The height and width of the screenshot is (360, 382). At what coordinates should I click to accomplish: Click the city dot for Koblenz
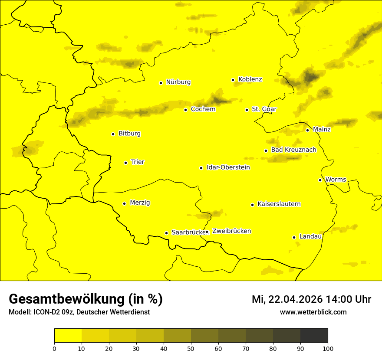click(x=233, y=80)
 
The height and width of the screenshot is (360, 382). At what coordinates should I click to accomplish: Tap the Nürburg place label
click(x=178, y=82)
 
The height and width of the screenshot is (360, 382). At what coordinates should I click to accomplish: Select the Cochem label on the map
click(x=203, y=109)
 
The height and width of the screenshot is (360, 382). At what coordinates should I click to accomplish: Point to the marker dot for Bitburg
click(x=113, y=134)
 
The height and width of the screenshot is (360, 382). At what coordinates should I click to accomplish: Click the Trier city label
click(x=138, y=162)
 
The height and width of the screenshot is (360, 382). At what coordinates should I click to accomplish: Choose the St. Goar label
click(x=264, y=109)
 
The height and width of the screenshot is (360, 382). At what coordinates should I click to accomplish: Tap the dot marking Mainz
click(x=307, y=130)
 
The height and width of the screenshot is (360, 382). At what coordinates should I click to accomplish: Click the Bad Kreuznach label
click(x=293, y=150)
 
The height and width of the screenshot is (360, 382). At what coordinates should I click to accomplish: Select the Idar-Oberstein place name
click(x=228, y=167)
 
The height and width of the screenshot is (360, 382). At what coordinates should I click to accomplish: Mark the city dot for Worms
click(x=320, y=180)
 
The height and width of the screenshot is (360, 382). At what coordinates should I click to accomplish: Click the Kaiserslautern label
click(x=279, y=204)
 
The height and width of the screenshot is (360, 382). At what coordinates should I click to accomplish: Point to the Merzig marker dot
click(x=124, y=203)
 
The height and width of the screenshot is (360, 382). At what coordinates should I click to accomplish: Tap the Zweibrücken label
click(x=231, y=231)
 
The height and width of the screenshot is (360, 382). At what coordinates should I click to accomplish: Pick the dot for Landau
click(x=294, y=237)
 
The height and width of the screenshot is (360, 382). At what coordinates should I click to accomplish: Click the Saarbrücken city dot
click(x=166, y=233)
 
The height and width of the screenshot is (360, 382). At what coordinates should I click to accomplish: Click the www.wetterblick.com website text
click(x=313, y=312)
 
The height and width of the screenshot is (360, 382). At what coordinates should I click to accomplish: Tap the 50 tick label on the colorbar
click(x=191, y=348)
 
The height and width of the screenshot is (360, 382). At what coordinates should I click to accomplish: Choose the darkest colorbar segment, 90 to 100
click(x=314, y=336)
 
